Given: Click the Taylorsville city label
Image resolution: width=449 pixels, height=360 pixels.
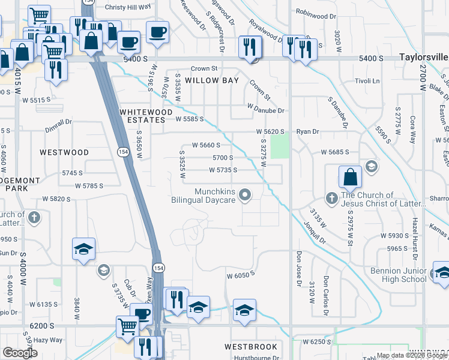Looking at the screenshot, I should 423,58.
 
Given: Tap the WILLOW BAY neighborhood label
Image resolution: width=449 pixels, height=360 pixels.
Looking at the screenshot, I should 212,80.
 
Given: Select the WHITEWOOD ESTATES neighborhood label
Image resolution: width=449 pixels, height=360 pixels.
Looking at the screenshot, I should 142,116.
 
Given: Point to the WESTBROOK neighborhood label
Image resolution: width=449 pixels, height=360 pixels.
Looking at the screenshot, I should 251,347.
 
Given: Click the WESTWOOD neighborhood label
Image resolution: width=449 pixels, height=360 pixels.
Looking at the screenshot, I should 64,152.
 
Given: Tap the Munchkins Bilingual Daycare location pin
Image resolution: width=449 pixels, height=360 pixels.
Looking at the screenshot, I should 245,194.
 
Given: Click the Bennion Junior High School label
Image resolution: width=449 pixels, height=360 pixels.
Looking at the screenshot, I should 398,275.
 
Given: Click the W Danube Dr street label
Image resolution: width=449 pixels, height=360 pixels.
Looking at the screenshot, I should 265,110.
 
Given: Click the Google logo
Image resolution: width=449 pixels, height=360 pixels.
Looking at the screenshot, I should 20,352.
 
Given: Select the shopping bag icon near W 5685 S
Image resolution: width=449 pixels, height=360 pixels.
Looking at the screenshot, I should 350,178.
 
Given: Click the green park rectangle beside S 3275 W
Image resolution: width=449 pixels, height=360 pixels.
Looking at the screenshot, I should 279,146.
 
